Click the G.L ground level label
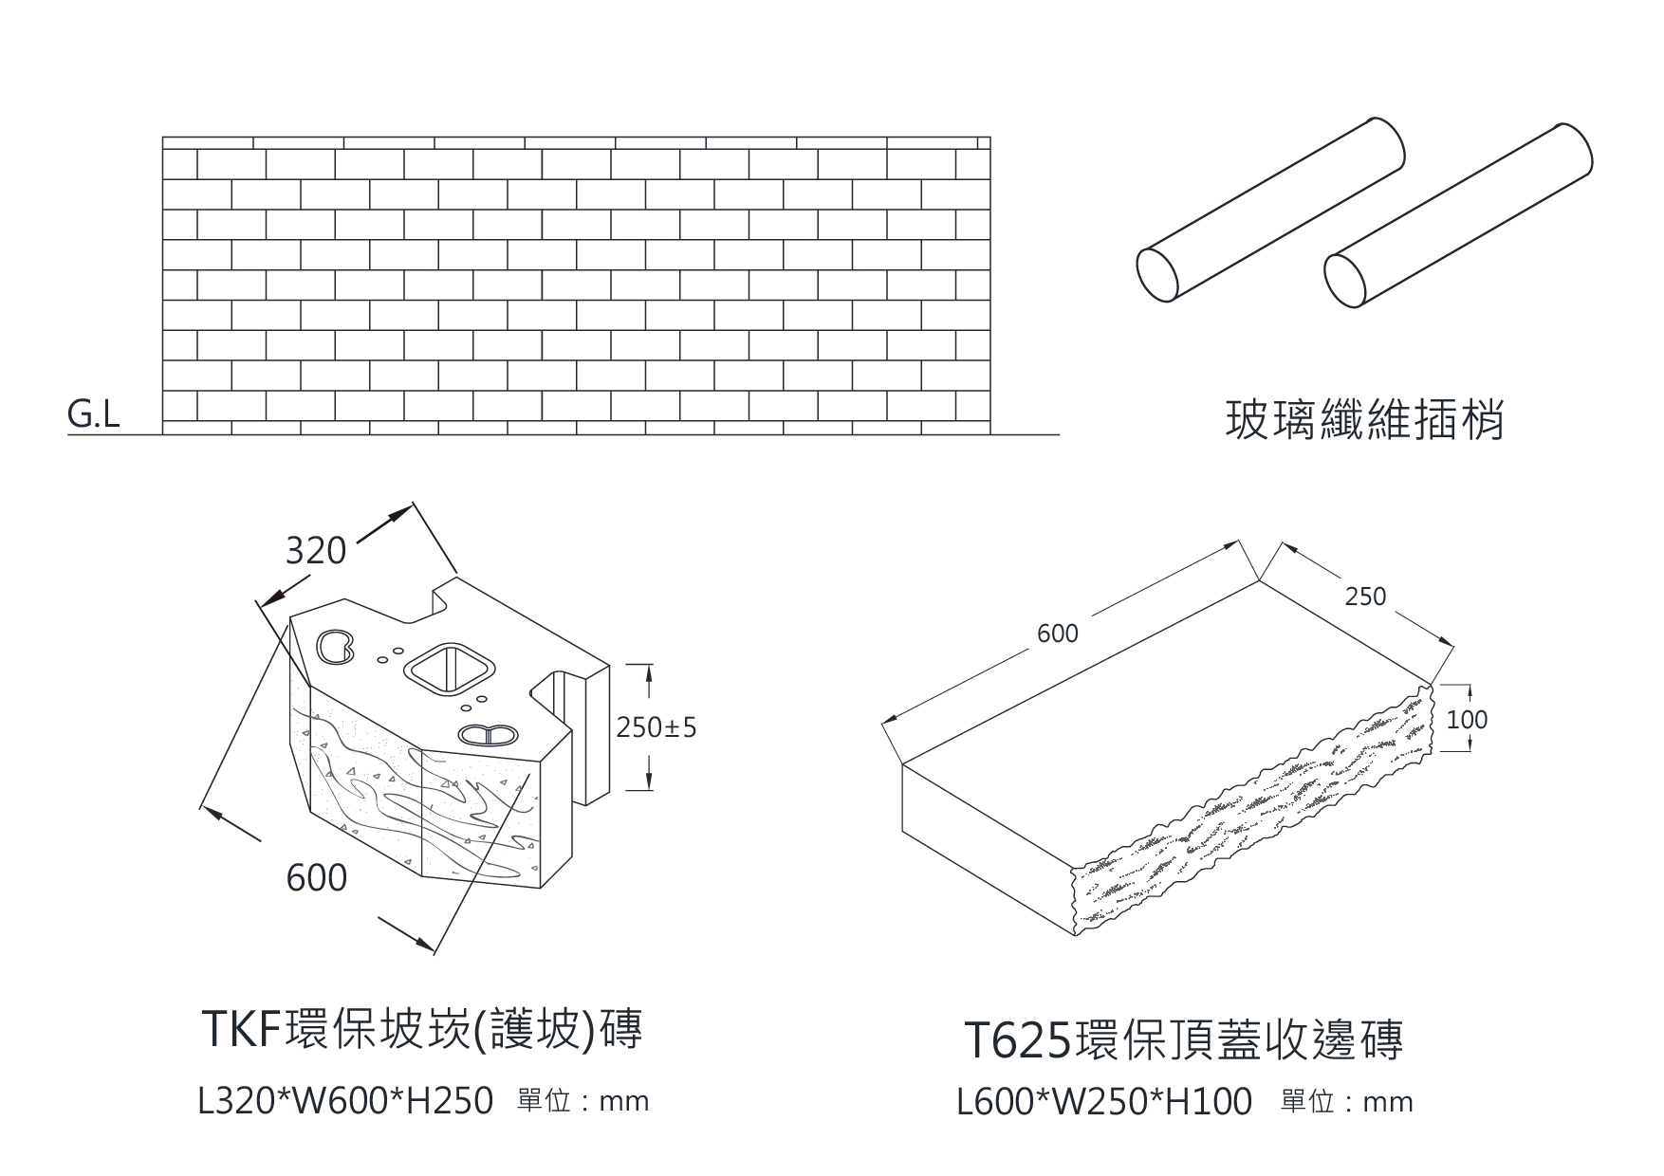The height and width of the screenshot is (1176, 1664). pyautogui.click(x=94, y=414)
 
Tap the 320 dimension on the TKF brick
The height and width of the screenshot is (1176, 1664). pyautogui.click(x=316, y=551)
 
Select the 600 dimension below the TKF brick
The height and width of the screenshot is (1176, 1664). pyautogui.click(x=317, y=878)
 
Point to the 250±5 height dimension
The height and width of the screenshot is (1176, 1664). pyautogui.click(x=656, y=727)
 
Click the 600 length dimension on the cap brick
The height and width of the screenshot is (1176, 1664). pyautogui.click(x=1058, y=634)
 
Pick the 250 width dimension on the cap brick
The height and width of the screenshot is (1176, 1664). pyautogui.click(x=1365, y=597)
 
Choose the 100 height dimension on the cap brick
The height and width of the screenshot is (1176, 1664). pyautogui.click(x=1467, y=720)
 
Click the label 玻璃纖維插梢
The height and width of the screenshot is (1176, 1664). pyautogui.click(x=1364, y=421)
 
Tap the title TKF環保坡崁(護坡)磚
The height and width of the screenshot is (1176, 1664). pyautogui.click(x=423, y=1029)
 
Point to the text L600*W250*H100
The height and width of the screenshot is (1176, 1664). pyautogui.click(x=1104, y=1103)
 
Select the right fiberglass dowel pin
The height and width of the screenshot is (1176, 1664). pyautogui.click(x=1458, y=214)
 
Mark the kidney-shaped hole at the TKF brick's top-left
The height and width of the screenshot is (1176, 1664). pyautogui.click(x=334, y=646)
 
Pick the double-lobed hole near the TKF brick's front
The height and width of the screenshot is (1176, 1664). pyautogui.click(x=487, y=734)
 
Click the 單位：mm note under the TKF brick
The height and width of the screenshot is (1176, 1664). pyautogui.click(x=582, y=1102)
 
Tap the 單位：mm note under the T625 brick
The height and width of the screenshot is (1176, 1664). pyautogui.click(x=1346, y=1103)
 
